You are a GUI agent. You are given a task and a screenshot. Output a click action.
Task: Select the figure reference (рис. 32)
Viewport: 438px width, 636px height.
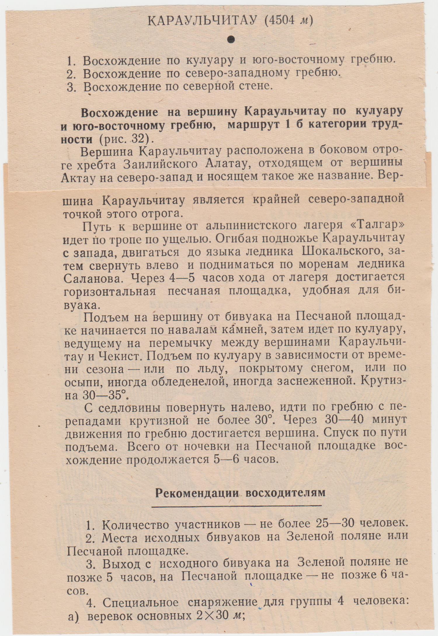point(126,139)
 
